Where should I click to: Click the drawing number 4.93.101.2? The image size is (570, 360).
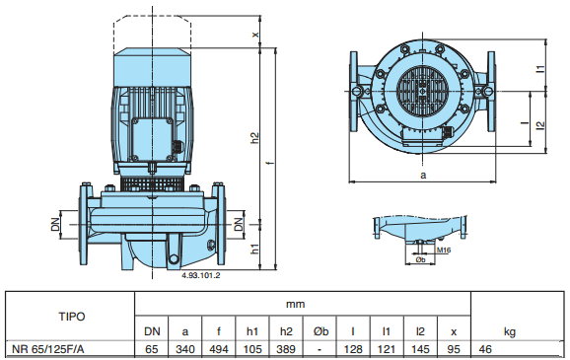click(200, 275)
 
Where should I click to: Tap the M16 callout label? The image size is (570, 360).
click(444, 251)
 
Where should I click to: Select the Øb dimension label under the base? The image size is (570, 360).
click(420, 259)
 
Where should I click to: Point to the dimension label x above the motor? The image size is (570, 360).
click(256, 35)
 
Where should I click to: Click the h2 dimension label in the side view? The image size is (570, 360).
click(255, 138)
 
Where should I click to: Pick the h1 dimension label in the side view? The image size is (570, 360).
click(255, 249)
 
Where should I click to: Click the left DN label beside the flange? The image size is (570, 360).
click(55, 224)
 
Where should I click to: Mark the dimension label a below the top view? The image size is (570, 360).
click(423, 176)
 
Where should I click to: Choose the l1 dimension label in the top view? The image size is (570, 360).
click(541, 68)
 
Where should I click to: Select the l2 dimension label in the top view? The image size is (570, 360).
click(541, 124)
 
